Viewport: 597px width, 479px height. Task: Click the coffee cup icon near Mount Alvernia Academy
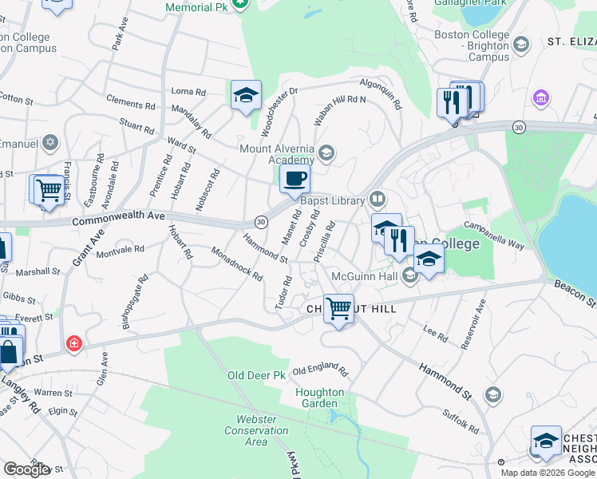tap(295, 180)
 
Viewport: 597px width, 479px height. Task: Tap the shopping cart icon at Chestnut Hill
tap(339, 308)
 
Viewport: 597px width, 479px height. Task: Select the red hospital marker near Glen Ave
tap(73, 344)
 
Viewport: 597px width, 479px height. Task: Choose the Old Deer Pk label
tap(256, 375)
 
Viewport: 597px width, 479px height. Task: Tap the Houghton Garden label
tap(320, 398)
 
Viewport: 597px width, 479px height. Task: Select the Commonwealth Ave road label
tap(117, 216)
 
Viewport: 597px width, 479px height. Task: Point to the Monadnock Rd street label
tap(237, 263)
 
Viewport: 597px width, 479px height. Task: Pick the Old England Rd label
tap(320, 371)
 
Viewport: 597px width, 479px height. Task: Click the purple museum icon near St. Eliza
tap(541, 98)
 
